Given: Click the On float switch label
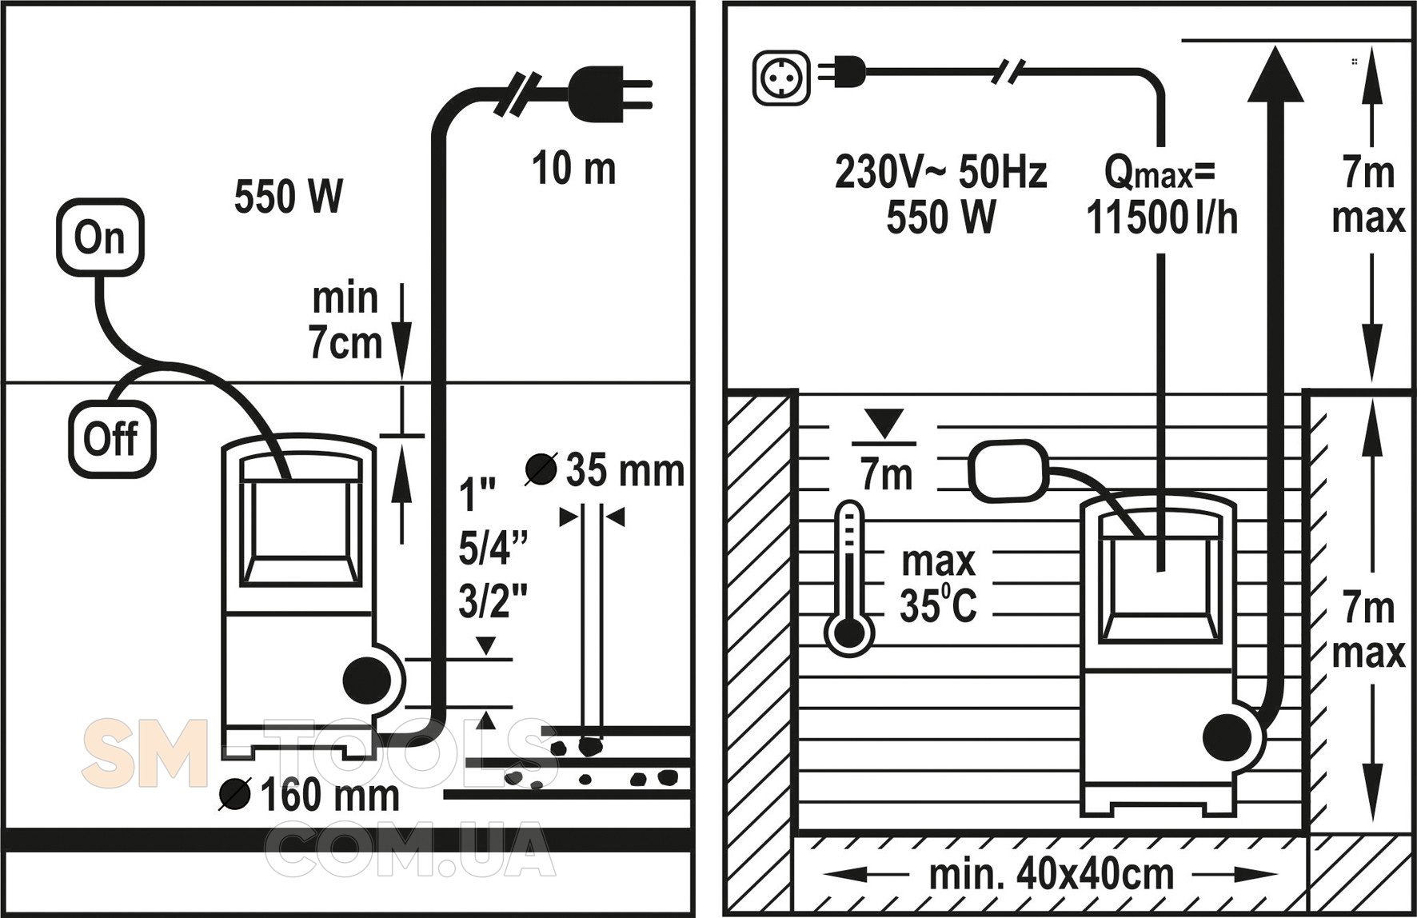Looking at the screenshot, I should pos(100,237).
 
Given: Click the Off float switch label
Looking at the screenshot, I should pos(111,439).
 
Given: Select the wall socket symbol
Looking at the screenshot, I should pos(782,78).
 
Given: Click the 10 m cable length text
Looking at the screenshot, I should pos(574,170).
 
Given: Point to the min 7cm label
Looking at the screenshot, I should pos(346,320).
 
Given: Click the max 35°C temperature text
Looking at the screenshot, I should pos(938,585).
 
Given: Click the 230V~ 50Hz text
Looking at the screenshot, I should pos(940,172).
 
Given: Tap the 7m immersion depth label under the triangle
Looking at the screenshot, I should pos(887,474).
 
